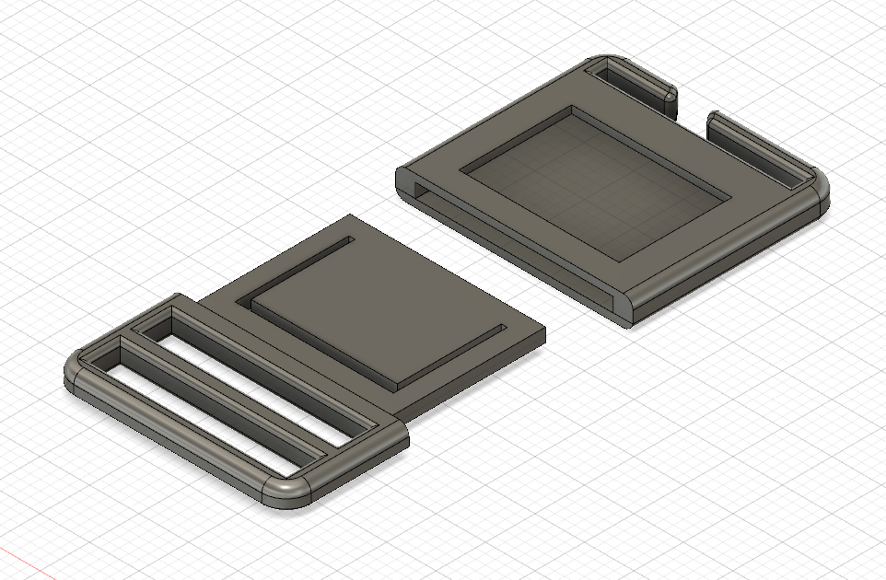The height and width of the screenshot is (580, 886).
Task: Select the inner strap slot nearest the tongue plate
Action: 267,369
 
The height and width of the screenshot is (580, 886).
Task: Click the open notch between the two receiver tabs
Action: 691,115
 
